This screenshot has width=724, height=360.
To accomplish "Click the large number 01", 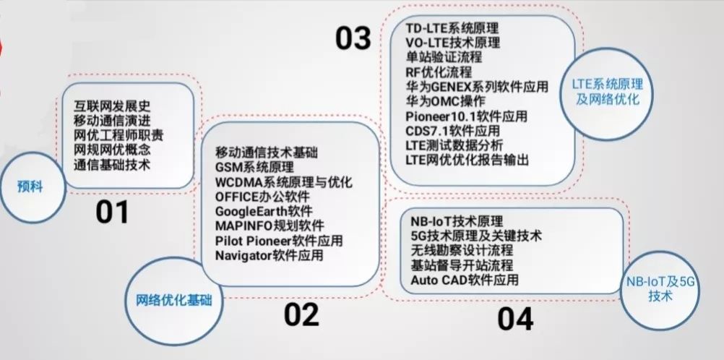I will pos(113,213).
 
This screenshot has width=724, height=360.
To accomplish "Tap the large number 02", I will pos(301,314).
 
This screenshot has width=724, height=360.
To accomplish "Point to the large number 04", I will pos(515,319).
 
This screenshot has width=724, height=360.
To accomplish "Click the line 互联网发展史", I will pos(112,106).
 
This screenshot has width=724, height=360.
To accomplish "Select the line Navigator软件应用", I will pos(269,255).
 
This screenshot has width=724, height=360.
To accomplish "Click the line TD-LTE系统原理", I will pos(452,29).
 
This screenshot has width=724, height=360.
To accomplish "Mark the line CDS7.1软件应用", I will pos(453,130).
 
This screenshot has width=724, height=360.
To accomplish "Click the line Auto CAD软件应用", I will pos(464,280).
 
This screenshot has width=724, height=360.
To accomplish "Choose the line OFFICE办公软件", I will pos(262,197).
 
